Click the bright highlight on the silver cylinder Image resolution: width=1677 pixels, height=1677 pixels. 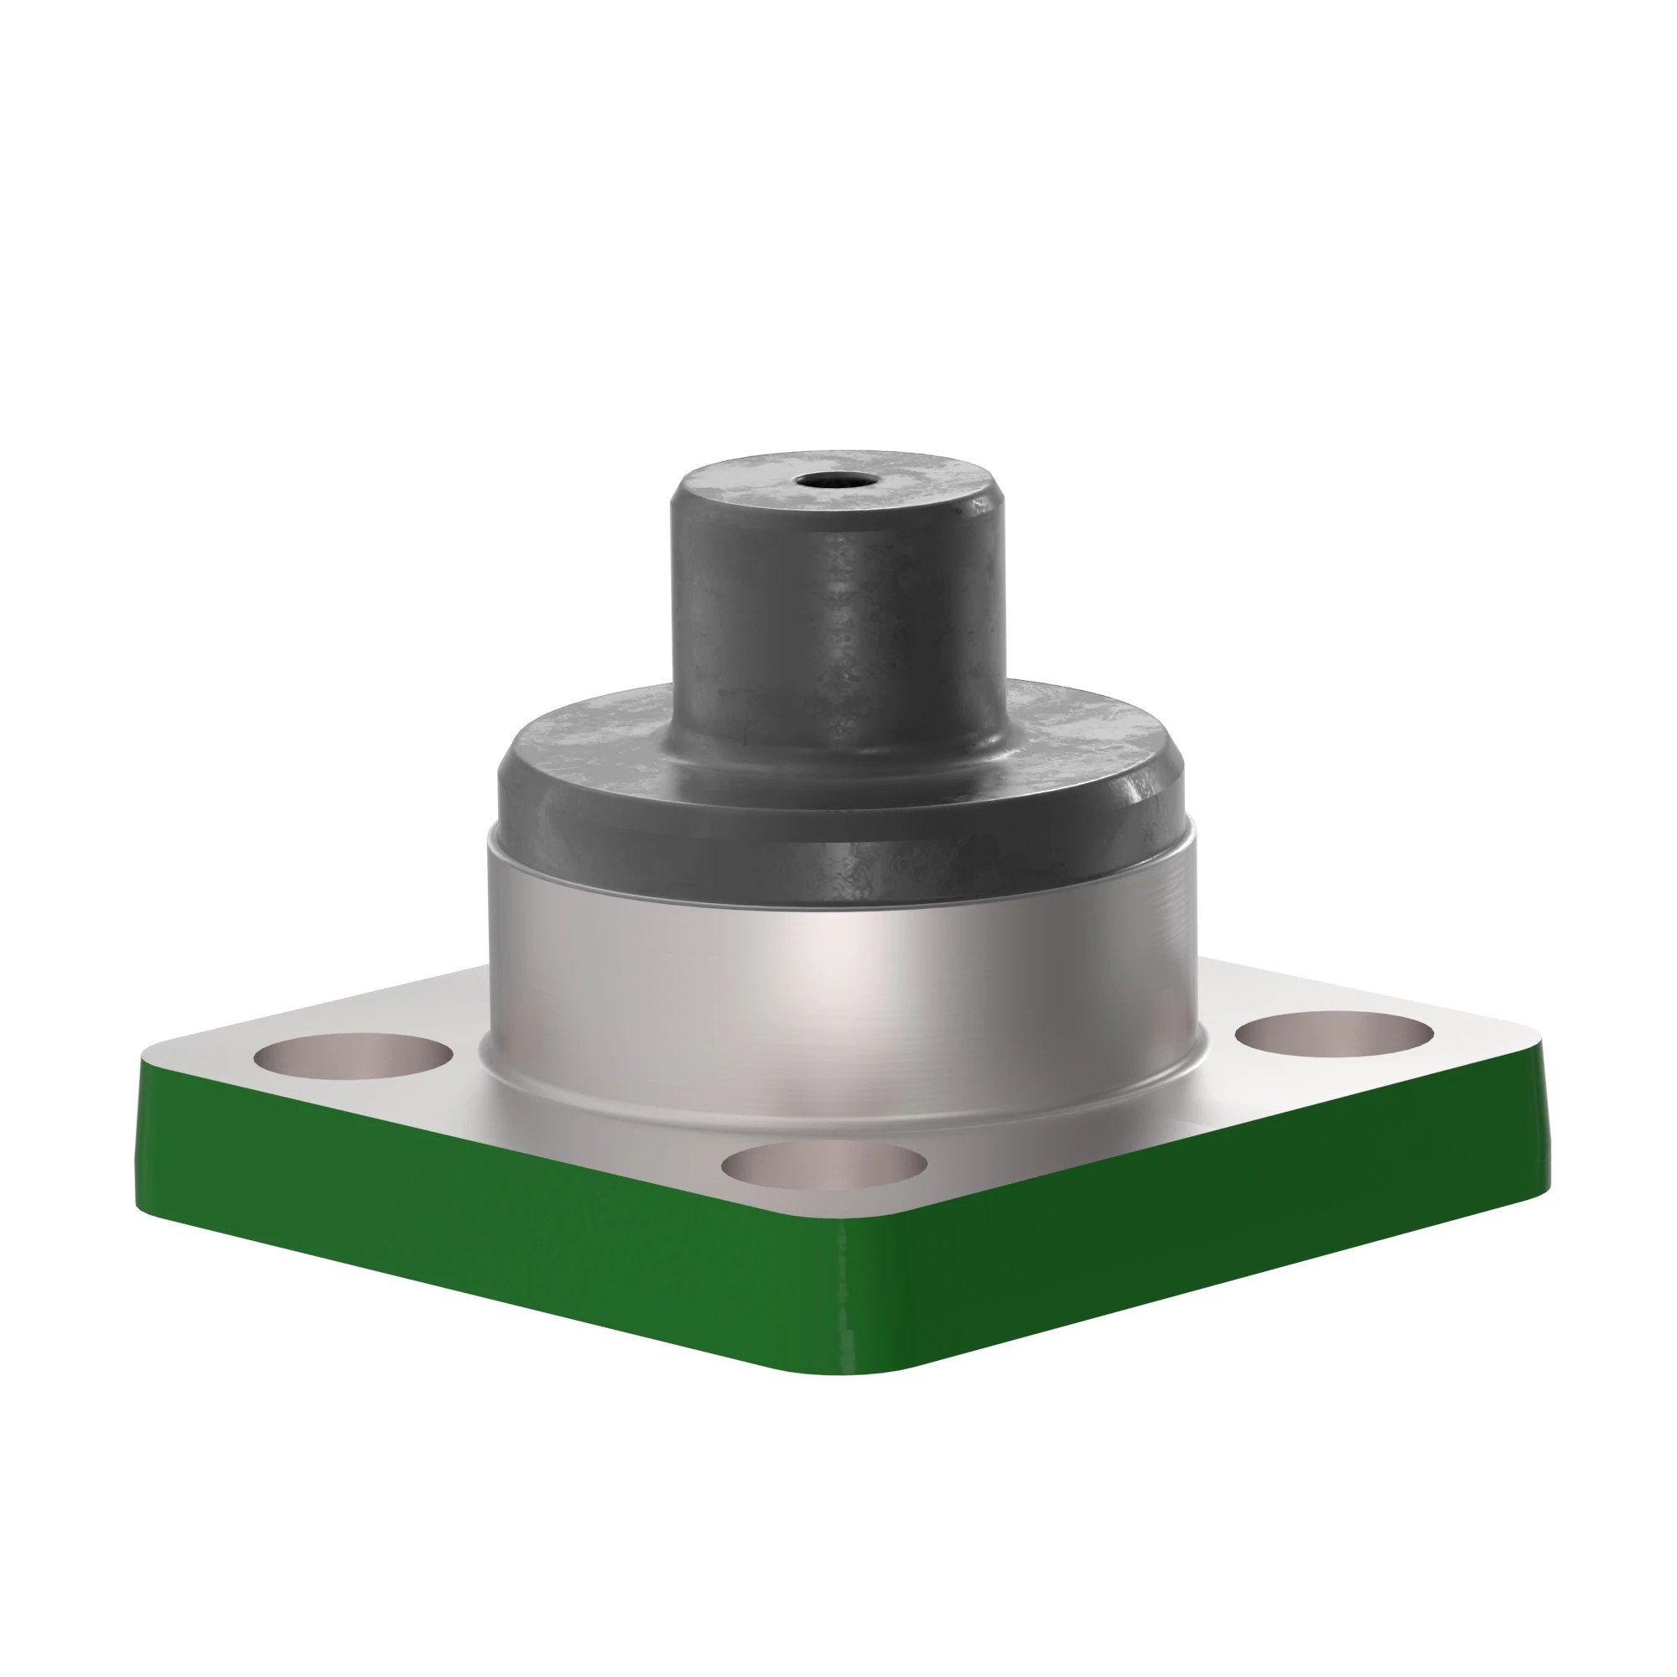pyautogui.click(x=824, y=963)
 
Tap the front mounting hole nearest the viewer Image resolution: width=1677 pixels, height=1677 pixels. pyautogui.click(x=823, y=1166)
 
